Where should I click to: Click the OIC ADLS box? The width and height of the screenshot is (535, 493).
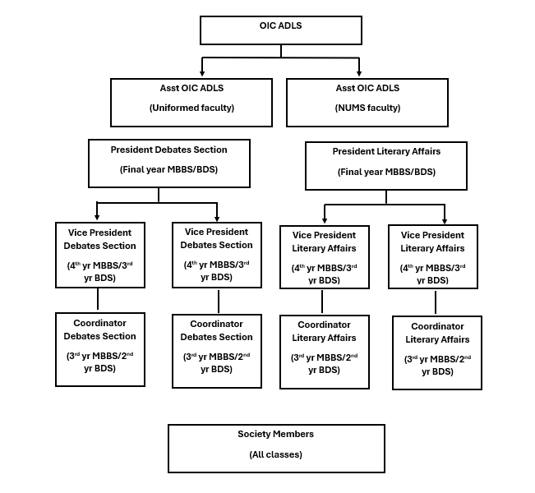click(x=281, y=30)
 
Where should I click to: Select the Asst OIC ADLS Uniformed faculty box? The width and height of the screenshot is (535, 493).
click(x=191, y=103)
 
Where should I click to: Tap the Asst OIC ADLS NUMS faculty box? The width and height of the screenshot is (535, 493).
click(x=367, y=103)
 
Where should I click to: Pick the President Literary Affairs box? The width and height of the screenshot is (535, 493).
click(x=386, y=165)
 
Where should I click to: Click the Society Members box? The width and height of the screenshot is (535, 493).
click(x=276, y=448)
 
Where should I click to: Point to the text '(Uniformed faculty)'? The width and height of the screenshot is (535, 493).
click(x=191, y=108)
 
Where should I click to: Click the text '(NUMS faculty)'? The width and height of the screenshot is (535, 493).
click(x=367, y=108)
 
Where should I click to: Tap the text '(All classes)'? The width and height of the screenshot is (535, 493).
click(x=276, y=454)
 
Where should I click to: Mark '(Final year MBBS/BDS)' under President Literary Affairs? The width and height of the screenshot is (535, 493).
click(x=386, y=172)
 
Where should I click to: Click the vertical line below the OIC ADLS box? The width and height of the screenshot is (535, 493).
click(x=281, y=50)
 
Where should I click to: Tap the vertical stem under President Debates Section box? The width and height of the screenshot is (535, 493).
click(x=159, y=194)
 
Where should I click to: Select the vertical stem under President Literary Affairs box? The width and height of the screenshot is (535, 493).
click(x=386, y=197)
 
